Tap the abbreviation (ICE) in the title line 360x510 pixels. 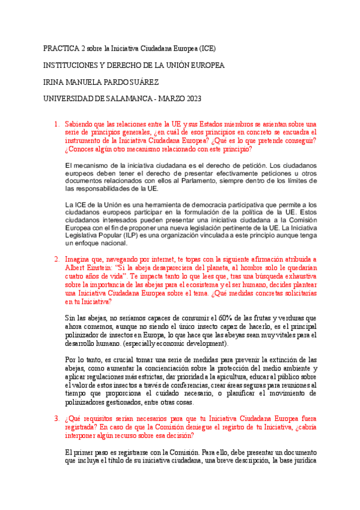tap(206, 48)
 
